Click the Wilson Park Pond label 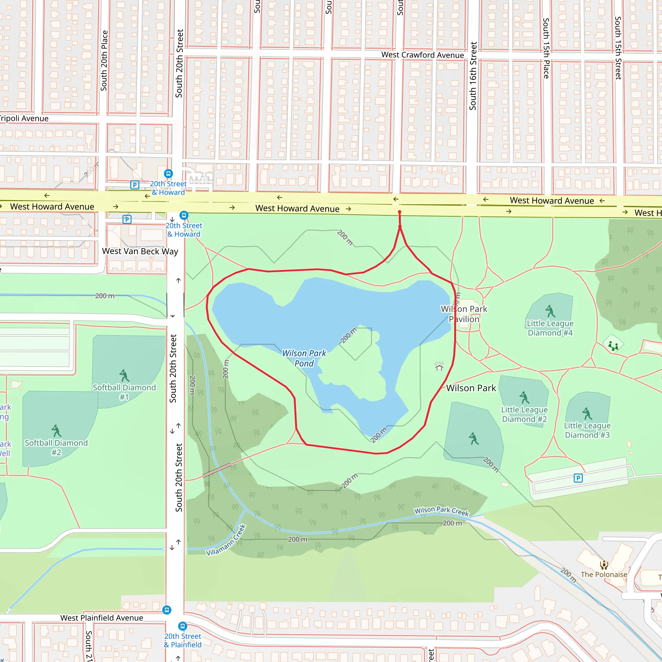304,358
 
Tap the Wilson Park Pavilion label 464,314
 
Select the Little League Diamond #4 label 550,328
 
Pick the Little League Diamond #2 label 524,414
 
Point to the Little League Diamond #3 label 587,430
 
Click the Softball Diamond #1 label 124,392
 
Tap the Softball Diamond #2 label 56,447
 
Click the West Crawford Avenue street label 422,55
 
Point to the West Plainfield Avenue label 101,618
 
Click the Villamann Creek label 226,540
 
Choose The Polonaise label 604,575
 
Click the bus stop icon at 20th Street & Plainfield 183,626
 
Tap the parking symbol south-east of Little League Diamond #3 578,478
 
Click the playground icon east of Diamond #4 613,346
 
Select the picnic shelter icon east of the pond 439,366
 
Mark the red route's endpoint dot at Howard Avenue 400,212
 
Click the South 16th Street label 473,76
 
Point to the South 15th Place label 546,48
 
